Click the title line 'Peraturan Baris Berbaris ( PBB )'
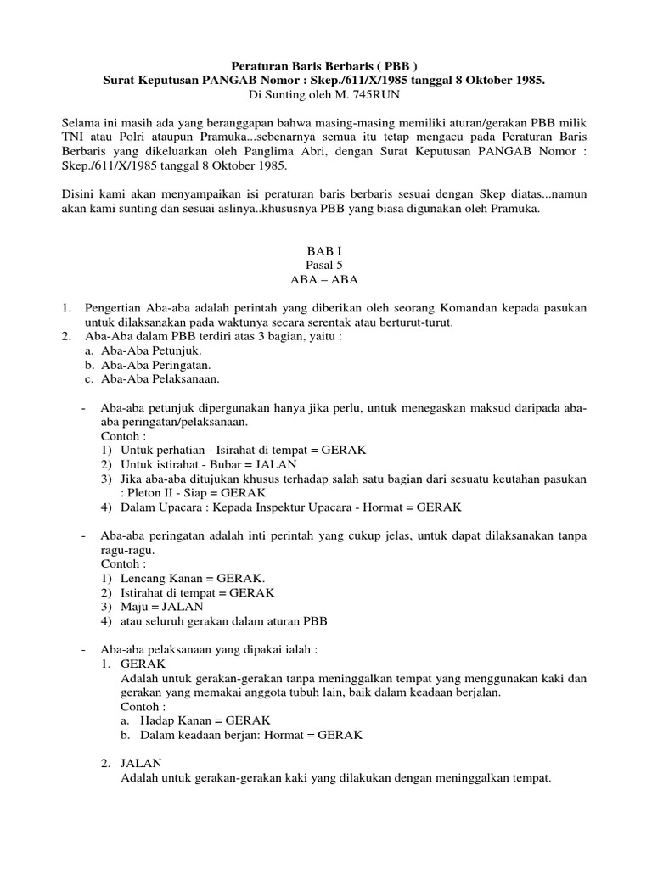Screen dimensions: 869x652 (325, 65)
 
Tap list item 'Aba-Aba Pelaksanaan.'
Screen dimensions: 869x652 (160, 378)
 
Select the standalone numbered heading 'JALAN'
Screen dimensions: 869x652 (142, 764)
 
